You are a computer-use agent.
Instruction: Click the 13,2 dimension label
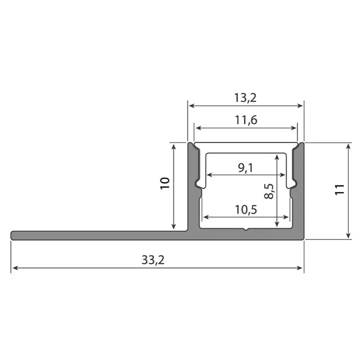click(245, 98)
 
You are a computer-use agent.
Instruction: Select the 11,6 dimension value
click(245, 119)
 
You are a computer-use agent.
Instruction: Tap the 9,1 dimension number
click(245, 167)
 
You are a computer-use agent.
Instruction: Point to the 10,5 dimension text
click(245, 210)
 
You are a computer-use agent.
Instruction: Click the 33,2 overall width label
click(156, 260)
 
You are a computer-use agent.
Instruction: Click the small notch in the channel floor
click(245, 230)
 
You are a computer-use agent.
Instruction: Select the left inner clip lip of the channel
click(200, 186)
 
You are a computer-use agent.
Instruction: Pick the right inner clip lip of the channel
click(291, 186)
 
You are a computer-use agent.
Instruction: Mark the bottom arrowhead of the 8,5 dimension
click(276, 226)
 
